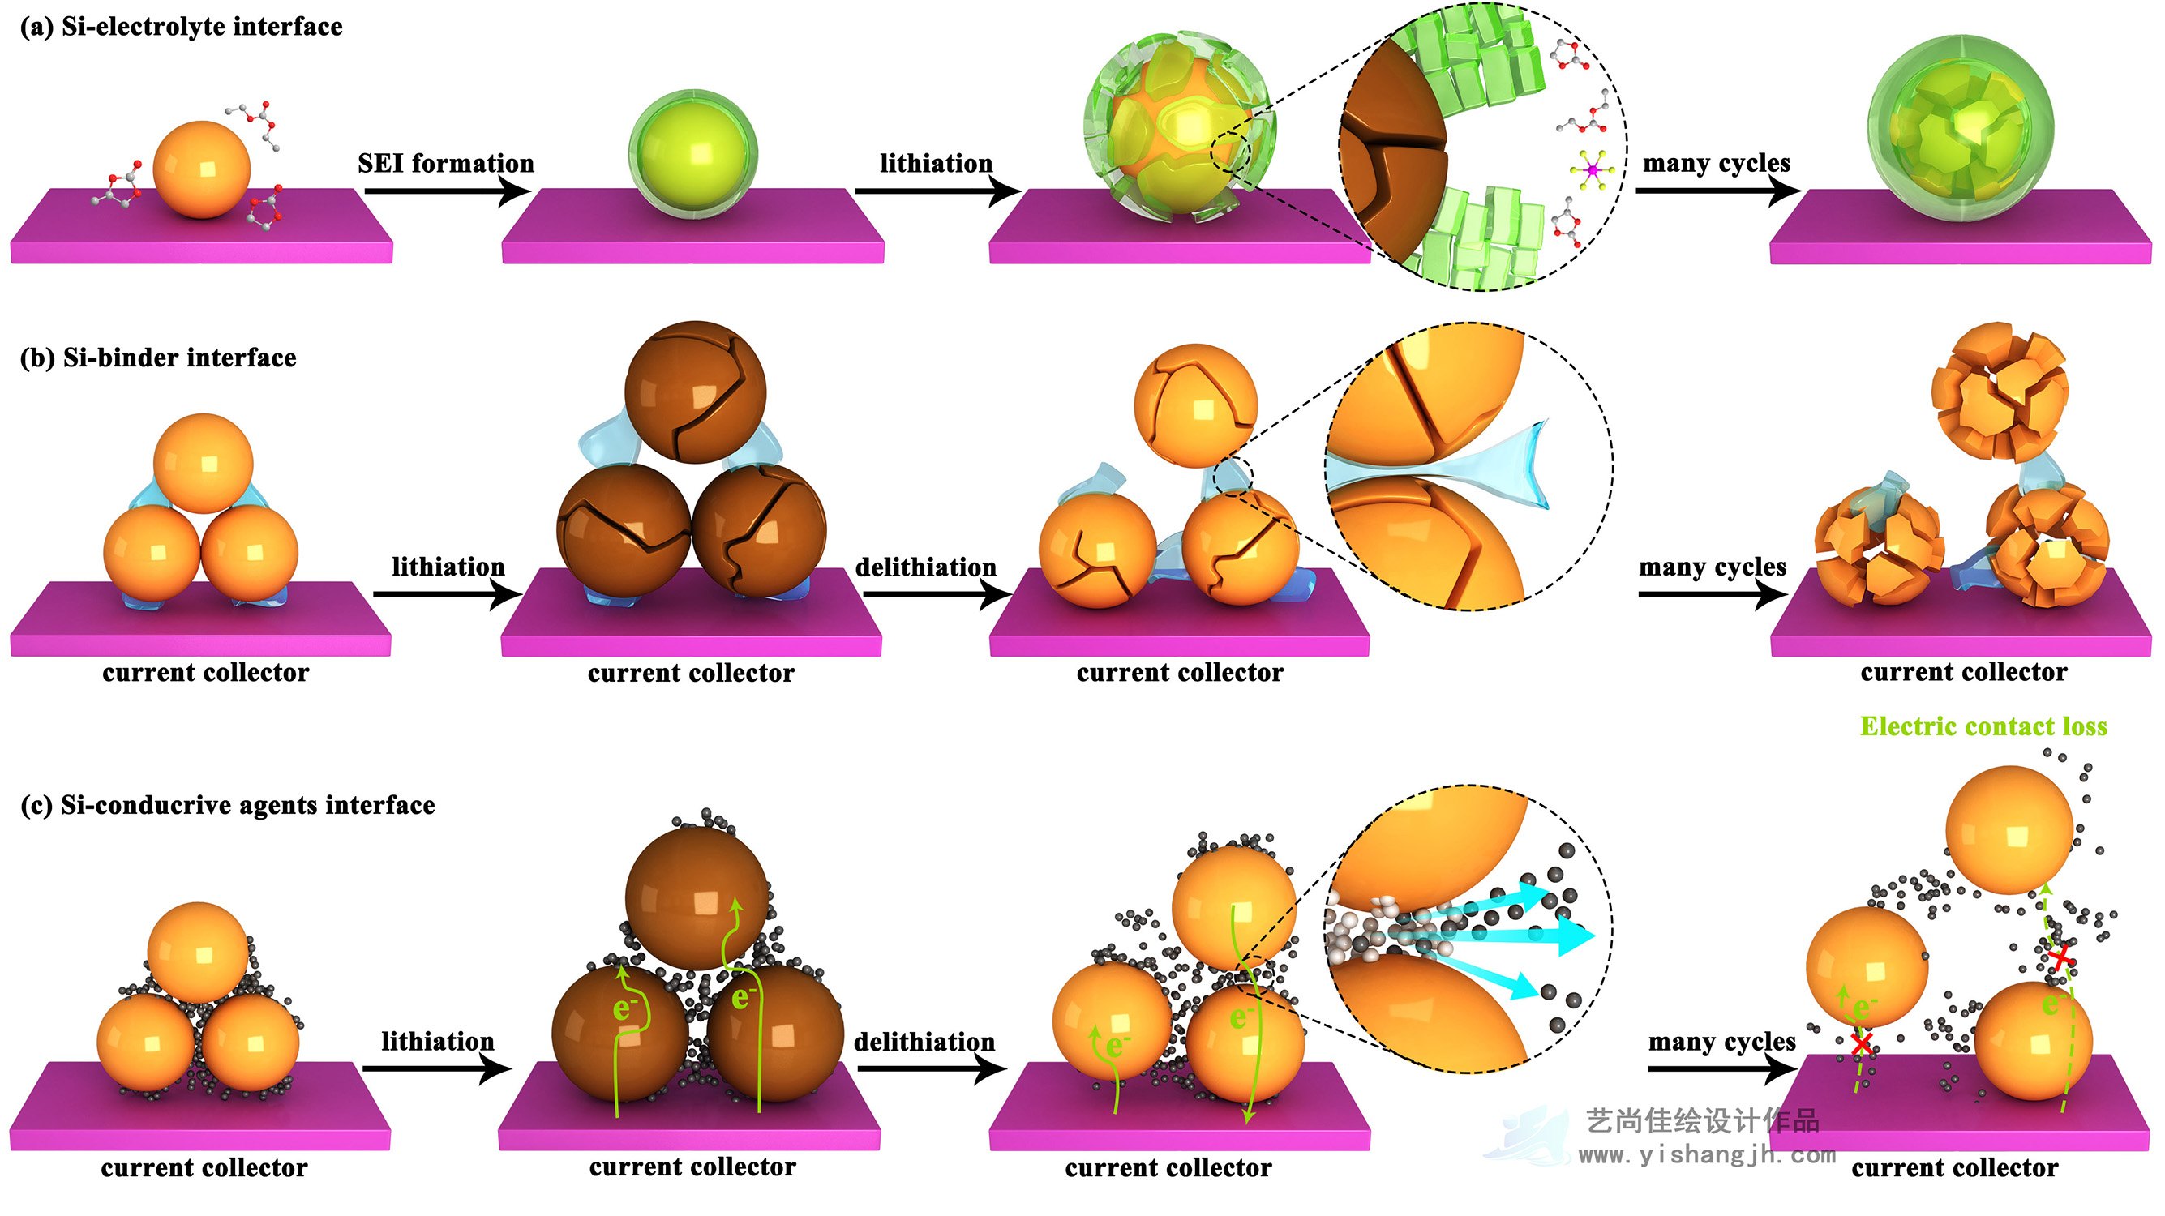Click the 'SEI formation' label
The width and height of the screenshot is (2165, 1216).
point(445,163)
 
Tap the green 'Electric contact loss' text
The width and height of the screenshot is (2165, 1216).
point(1983,726)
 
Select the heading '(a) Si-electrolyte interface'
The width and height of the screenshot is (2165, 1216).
point(181,27)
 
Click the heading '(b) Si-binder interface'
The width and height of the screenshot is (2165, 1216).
point(158,358)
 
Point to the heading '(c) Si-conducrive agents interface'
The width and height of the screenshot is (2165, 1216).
point(227,805)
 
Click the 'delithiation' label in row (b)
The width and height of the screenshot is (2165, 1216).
point(925,567)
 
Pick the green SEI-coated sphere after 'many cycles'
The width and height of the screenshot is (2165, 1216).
point(1960,129)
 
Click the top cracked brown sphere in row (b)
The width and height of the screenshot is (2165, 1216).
point(695,392)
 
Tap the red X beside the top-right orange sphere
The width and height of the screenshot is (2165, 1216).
point(2060,957)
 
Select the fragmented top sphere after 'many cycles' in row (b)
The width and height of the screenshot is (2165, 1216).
point(1999,391)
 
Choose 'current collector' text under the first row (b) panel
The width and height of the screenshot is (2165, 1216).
point(205,673)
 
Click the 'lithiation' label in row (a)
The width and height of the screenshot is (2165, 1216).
point(936,163)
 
